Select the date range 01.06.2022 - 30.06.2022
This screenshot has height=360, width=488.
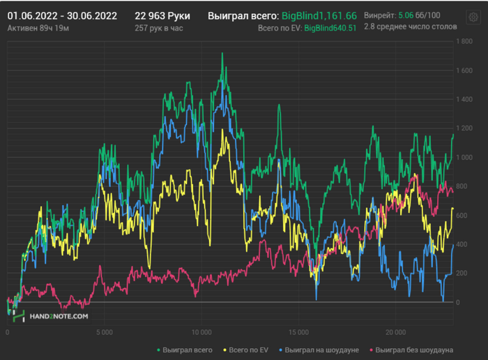[x=62, y=15]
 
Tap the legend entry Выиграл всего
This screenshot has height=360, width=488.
[x=185, y=349]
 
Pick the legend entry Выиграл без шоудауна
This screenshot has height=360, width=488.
[x=411, y=349]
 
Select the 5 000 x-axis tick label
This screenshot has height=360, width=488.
[x=105, y=331]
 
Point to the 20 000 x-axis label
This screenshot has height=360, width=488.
[x=395, y=331]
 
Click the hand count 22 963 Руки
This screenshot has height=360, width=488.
[x=162, y=15]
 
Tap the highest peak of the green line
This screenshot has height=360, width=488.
[x=222, y=54]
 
